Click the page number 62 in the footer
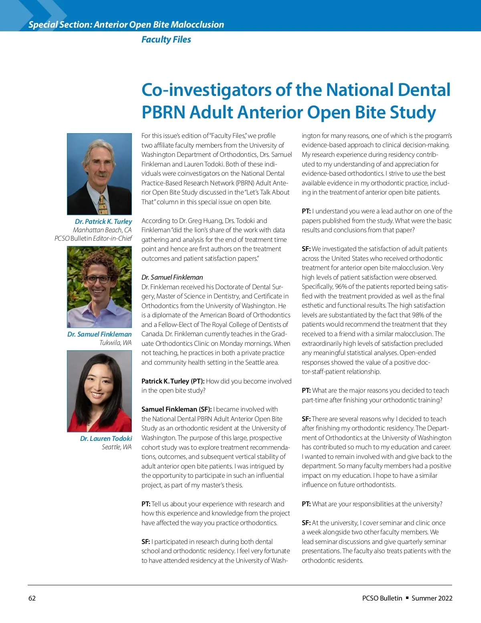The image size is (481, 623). click(32, 598)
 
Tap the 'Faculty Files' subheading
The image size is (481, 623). click(166, 39)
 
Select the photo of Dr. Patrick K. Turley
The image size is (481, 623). click(99, 174)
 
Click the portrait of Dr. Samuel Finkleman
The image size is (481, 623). click(99, 286)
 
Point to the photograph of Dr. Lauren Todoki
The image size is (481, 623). click(99, 391)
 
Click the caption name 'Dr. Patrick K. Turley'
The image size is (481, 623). click(103, 221)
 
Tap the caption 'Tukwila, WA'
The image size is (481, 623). click(115, 343)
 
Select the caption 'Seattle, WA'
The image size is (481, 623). click(116, 447)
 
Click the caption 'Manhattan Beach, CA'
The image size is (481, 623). click(102, 230)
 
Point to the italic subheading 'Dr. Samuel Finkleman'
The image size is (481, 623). click(172, 277)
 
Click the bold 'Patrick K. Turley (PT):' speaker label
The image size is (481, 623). click(173, 381)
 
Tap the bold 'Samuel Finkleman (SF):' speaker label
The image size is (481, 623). click(176, 409)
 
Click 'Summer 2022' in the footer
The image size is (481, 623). click(432, 598)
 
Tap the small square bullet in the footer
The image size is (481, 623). click(407, 598)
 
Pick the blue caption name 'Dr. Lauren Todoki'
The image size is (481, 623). click(106, 438)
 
